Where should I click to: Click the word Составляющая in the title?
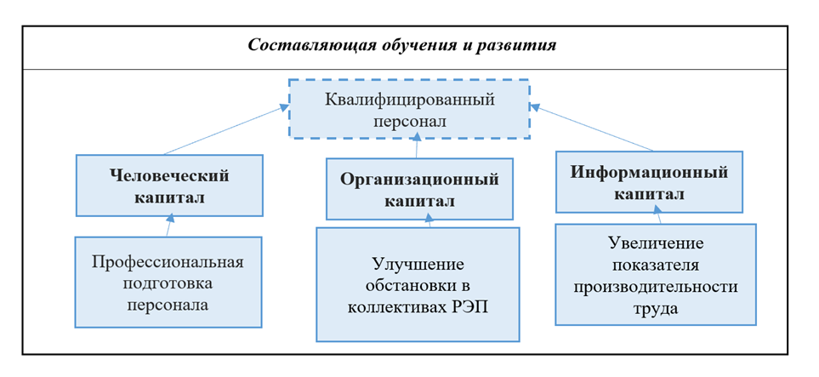click(293, 45)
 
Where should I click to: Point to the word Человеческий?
click(169, 176)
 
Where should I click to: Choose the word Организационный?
click(419, 180)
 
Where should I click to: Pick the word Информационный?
click(649, 172)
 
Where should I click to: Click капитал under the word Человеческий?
click(169, 197)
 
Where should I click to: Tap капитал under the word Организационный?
click(418, 202)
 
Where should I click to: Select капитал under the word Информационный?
click(649, 193)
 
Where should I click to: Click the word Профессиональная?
click(168, 261)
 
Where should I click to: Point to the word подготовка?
click(168, 283)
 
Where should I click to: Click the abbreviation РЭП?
click(472, 306)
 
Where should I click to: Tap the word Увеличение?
click(655, 243)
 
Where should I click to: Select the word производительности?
click(655, 286)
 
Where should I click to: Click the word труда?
click(655, 307)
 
